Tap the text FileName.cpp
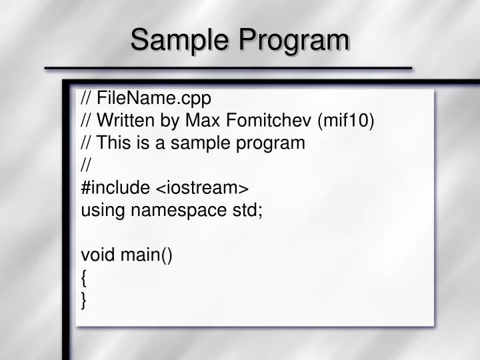(x=154, y=99)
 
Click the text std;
(x=247, y=210)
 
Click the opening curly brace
(x=84, y=278)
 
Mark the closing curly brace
(x=84, y=301)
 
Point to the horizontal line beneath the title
(x=228, y=68)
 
